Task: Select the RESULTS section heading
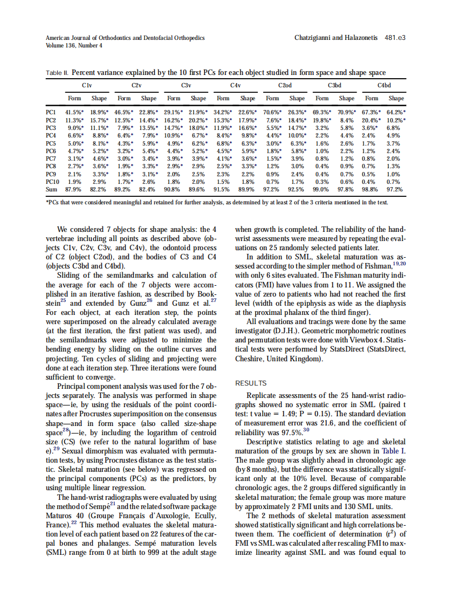tap(251, 383)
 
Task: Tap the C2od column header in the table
tap(285, 85)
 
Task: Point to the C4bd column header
tap(384, 85)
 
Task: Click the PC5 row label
tap(51, 144)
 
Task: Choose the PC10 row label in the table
tap(53, 182)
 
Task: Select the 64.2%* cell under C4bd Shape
tap(396, 112)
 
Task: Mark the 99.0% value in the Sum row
tap(322, 190)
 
